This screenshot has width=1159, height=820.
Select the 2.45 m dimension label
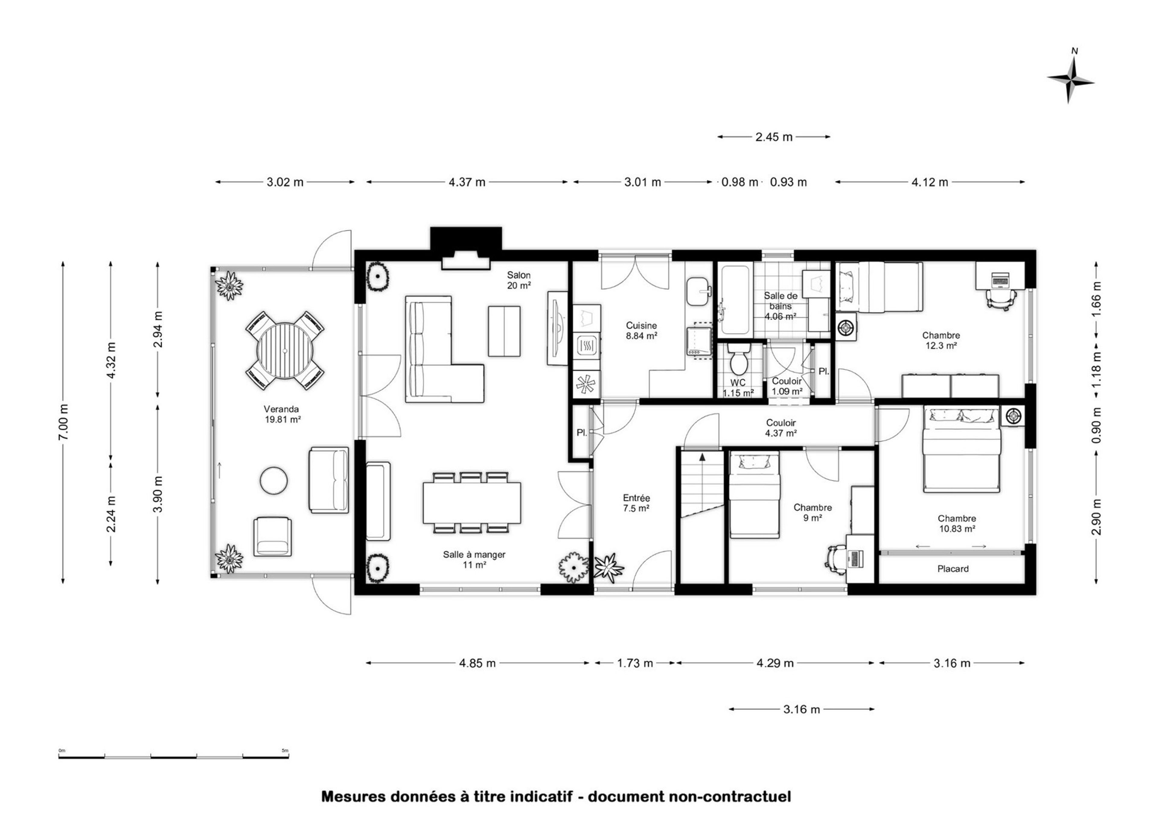tap(774, 137)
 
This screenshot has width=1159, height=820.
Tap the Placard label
tap(953, 569)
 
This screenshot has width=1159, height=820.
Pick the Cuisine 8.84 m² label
tap(641, 331)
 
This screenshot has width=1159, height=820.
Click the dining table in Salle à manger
tap(472, 503)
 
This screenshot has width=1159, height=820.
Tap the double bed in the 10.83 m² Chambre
tap(962, 450)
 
